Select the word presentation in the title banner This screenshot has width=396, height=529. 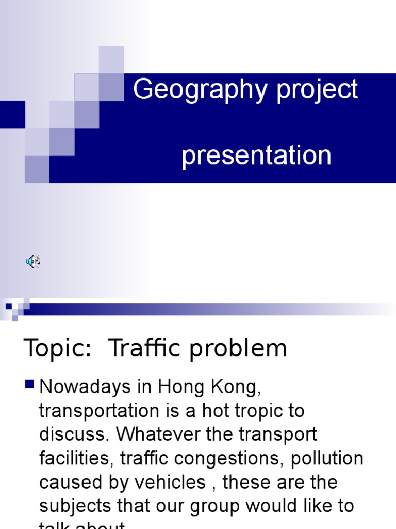coord(256,155)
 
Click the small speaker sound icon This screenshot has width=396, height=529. coord(32,261)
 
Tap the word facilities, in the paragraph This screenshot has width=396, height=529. coord(79,459)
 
